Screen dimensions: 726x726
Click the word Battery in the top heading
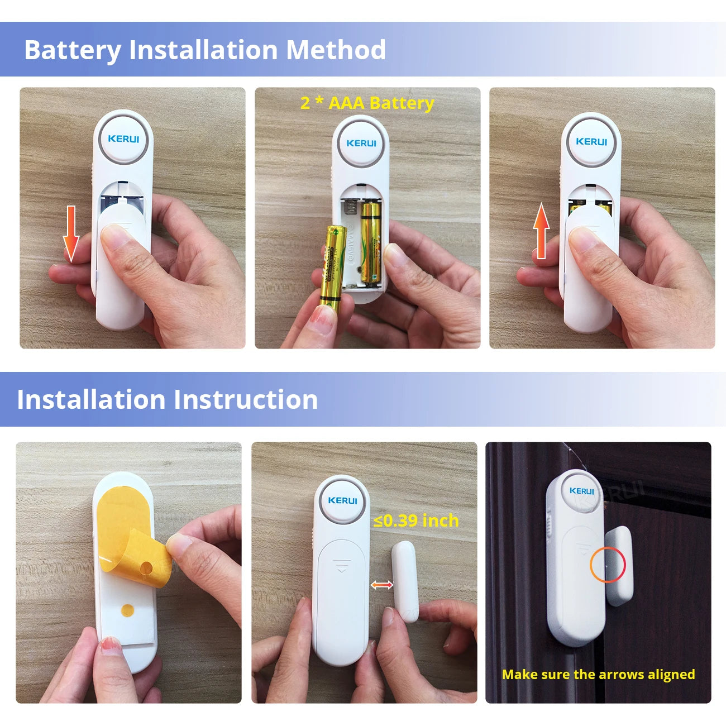click(73, 50)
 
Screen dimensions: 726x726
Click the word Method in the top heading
click(336, 50)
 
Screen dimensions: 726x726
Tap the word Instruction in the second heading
click(245, 400)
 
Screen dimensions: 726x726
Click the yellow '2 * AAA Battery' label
click(367, 103)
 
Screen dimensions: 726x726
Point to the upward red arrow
click(541, 231)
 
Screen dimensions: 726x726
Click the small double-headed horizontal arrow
click(382, 585)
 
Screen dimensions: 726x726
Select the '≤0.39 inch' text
click(416, 520)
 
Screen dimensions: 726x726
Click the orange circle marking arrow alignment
click(608, 565)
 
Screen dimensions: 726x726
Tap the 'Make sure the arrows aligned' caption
click(598, 675)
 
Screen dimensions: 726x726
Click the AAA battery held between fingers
click(333, 265)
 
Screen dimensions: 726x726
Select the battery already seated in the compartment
click(370, 243)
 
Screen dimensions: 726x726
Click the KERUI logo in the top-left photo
click(123, 138)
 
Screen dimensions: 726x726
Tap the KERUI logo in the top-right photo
click(591, 142)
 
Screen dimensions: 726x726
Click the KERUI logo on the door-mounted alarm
click(581, 491)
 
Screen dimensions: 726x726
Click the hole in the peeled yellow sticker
click(146, 569)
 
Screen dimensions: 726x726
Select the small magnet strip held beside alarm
click(405, 581)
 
